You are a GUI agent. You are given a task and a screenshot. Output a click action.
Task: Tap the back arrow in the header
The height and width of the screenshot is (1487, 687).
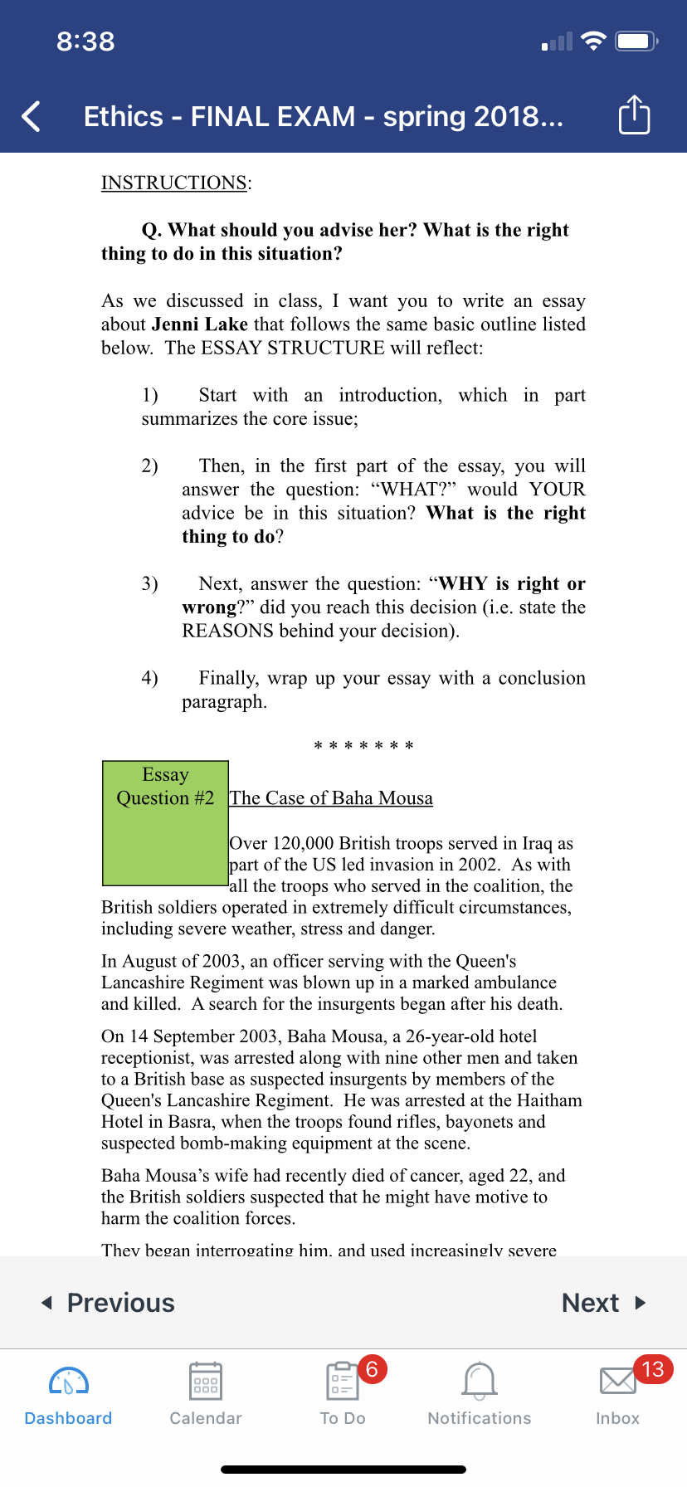coord(32,116)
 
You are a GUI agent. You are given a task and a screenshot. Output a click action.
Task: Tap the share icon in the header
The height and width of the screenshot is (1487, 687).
coord(634,115)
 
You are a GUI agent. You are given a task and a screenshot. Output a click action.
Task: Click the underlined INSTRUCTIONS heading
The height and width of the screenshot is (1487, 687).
coord(174,183)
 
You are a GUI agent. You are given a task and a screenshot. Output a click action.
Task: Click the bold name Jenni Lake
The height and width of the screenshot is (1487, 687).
coord(199,324)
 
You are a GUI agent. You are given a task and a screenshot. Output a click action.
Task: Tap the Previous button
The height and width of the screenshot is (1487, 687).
coord(108,1303)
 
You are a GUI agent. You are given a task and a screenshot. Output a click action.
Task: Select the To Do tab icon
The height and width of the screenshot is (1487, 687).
coord(342,1382)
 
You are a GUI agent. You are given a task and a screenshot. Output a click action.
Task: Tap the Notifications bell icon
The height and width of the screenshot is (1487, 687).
coord(480,1382)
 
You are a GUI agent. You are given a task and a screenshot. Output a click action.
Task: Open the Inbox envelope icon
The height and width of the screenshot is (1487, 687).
coord(617,1382)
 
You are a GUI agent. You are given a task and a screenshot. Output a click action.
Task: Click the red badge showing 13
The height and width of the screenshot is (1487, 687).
coord(653,1369)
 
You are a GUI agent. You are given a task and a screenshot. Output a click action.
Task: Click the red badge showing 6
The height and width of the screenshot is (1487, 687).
coord(372,1369)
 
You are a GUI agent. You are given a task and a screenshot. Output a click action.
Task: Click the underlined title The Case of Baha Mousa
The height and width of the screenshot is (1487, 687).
coord(331,798)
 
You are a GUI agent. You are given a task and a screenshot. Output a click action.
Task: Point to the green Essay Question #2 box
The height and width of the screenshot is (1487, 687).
coord(165,823)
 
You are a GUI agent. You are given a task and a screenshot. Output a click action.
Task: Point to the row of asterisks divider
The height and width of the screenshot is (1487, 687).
coord(363,746)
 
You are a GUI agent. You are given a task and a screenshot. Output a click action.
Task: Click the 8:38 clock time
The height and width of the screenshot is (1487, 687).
coord(85,41)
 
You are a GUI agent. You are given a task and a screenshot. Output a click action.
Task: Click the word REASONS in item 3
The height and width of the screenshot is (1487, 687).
coord(227,631)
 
